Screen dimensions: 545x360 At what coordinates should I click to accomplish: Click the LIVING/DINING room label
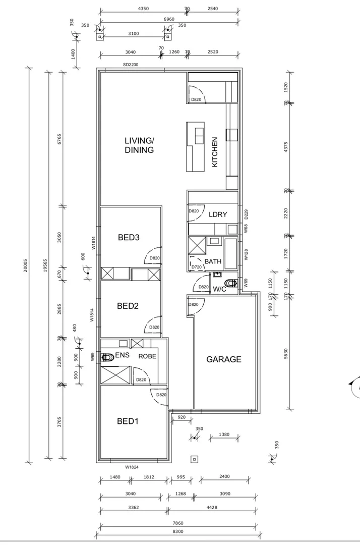pos(139,145)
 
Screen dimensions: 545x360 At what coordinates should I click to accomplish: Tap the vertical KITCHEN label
pos(214,152)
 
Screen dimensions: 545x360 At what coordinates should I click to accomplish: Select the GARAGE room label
pos(224,360)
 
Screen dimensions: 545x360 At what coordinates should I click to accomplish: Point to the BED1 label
pos(128,421)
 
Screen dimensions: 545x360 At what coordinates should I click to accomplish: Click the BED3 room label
pos(129,237)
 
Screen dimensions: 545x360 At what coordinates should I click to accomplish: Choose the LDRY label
pos(218,214)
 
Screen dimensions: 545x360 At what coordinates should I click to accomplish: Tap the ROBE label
pos(147,356)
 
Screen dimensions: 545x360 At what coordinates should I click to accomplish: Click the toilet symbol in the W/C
pos(232,283)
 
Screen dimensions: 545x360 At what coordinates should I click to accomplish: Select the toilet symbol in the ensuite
pos(106,357)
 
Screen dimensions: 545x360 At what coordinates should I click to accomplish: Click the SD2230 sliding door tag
pos(130,65)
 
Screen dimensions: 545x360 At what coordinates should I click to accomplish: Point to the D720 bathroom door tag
pos(197,266)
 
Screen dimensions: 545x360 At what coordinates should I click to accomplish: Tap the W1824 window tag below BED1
pos(132,467)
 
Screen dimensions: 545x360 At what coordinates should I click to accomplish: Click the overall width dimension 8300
pos(178,532)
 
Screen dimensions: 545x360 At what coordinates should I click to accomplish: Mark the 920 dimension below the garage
pos(182,417)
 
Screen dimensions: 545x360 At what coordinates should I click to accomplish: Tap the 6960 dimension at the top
pos(169,19)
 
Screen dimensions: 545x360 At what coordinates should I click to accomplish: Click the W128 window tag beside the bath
pos(246,254)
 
